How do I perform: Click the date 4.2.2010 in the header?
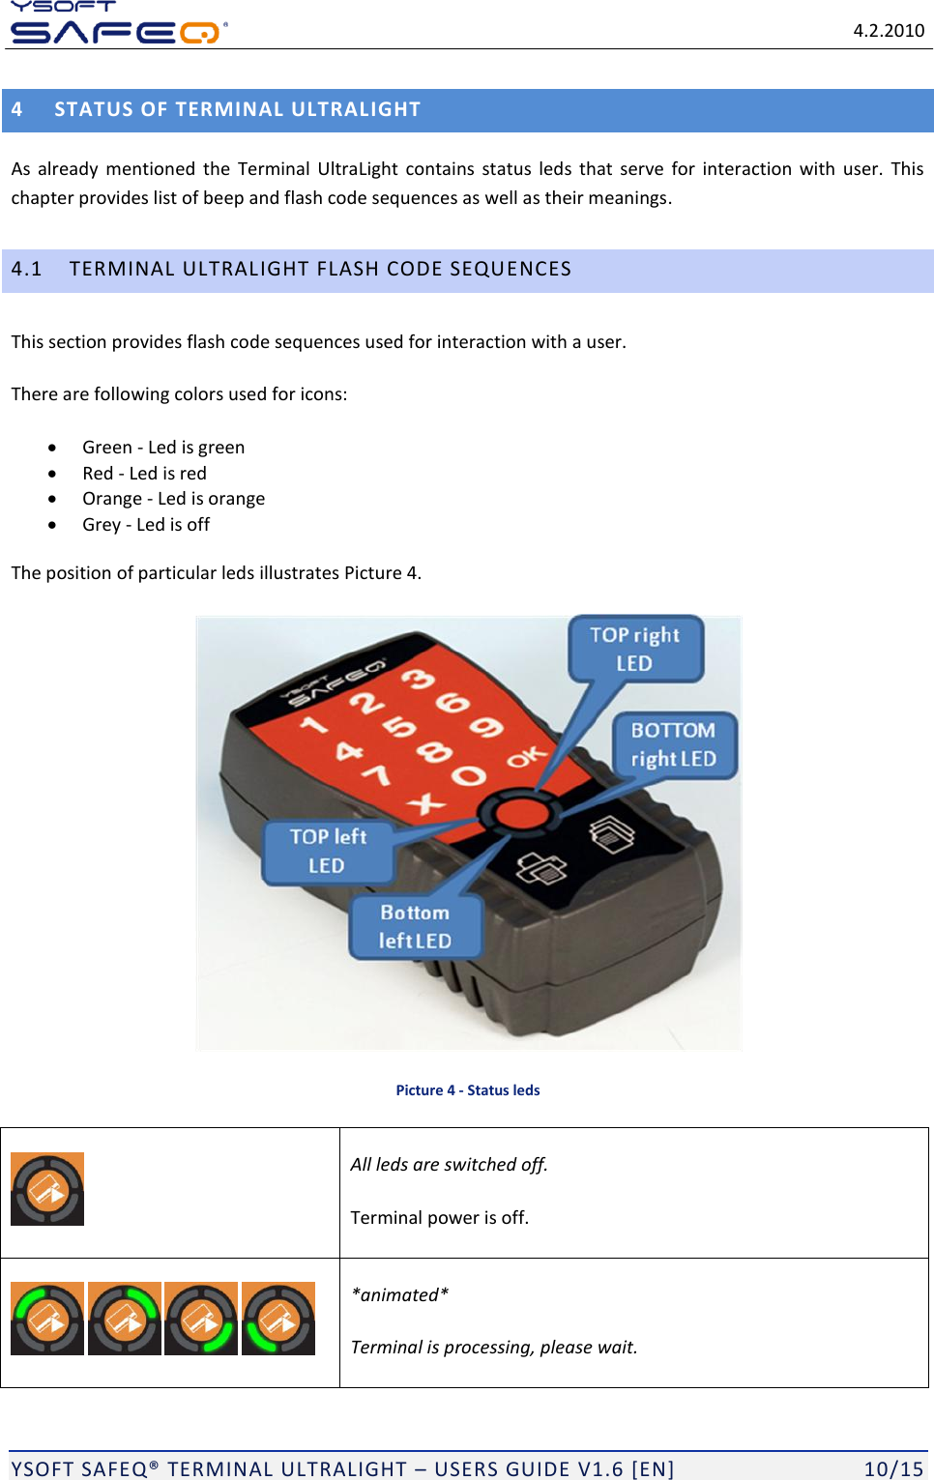888,30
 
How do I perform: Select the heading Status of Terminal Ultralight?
237,109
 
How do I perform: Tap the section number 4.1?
27,269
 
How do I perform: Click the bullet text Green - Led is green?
162,447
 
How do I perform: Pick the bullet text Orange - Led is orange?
173,498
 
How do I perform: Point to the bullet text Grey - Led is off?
145,524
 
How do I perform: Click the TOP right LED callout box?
634,649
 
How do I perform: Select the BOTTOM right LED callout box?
674,744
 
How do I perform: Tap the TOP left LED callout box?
328,851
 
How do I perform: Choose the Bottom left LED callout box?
415,926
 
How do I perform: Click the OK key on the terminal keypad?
526,757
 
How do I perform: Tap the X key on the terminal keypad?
425,802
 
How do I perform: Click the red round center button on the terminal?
521,812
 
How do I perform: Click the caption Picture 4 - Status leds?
467,1089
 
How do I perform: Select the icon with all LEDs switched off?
47,1189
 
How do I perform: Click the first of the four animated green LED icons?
47,1319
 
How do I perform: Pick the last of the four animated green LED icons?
278,1319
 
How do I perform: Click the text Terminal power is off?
439,1217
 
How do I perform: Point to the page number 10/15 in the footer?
893,1468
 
